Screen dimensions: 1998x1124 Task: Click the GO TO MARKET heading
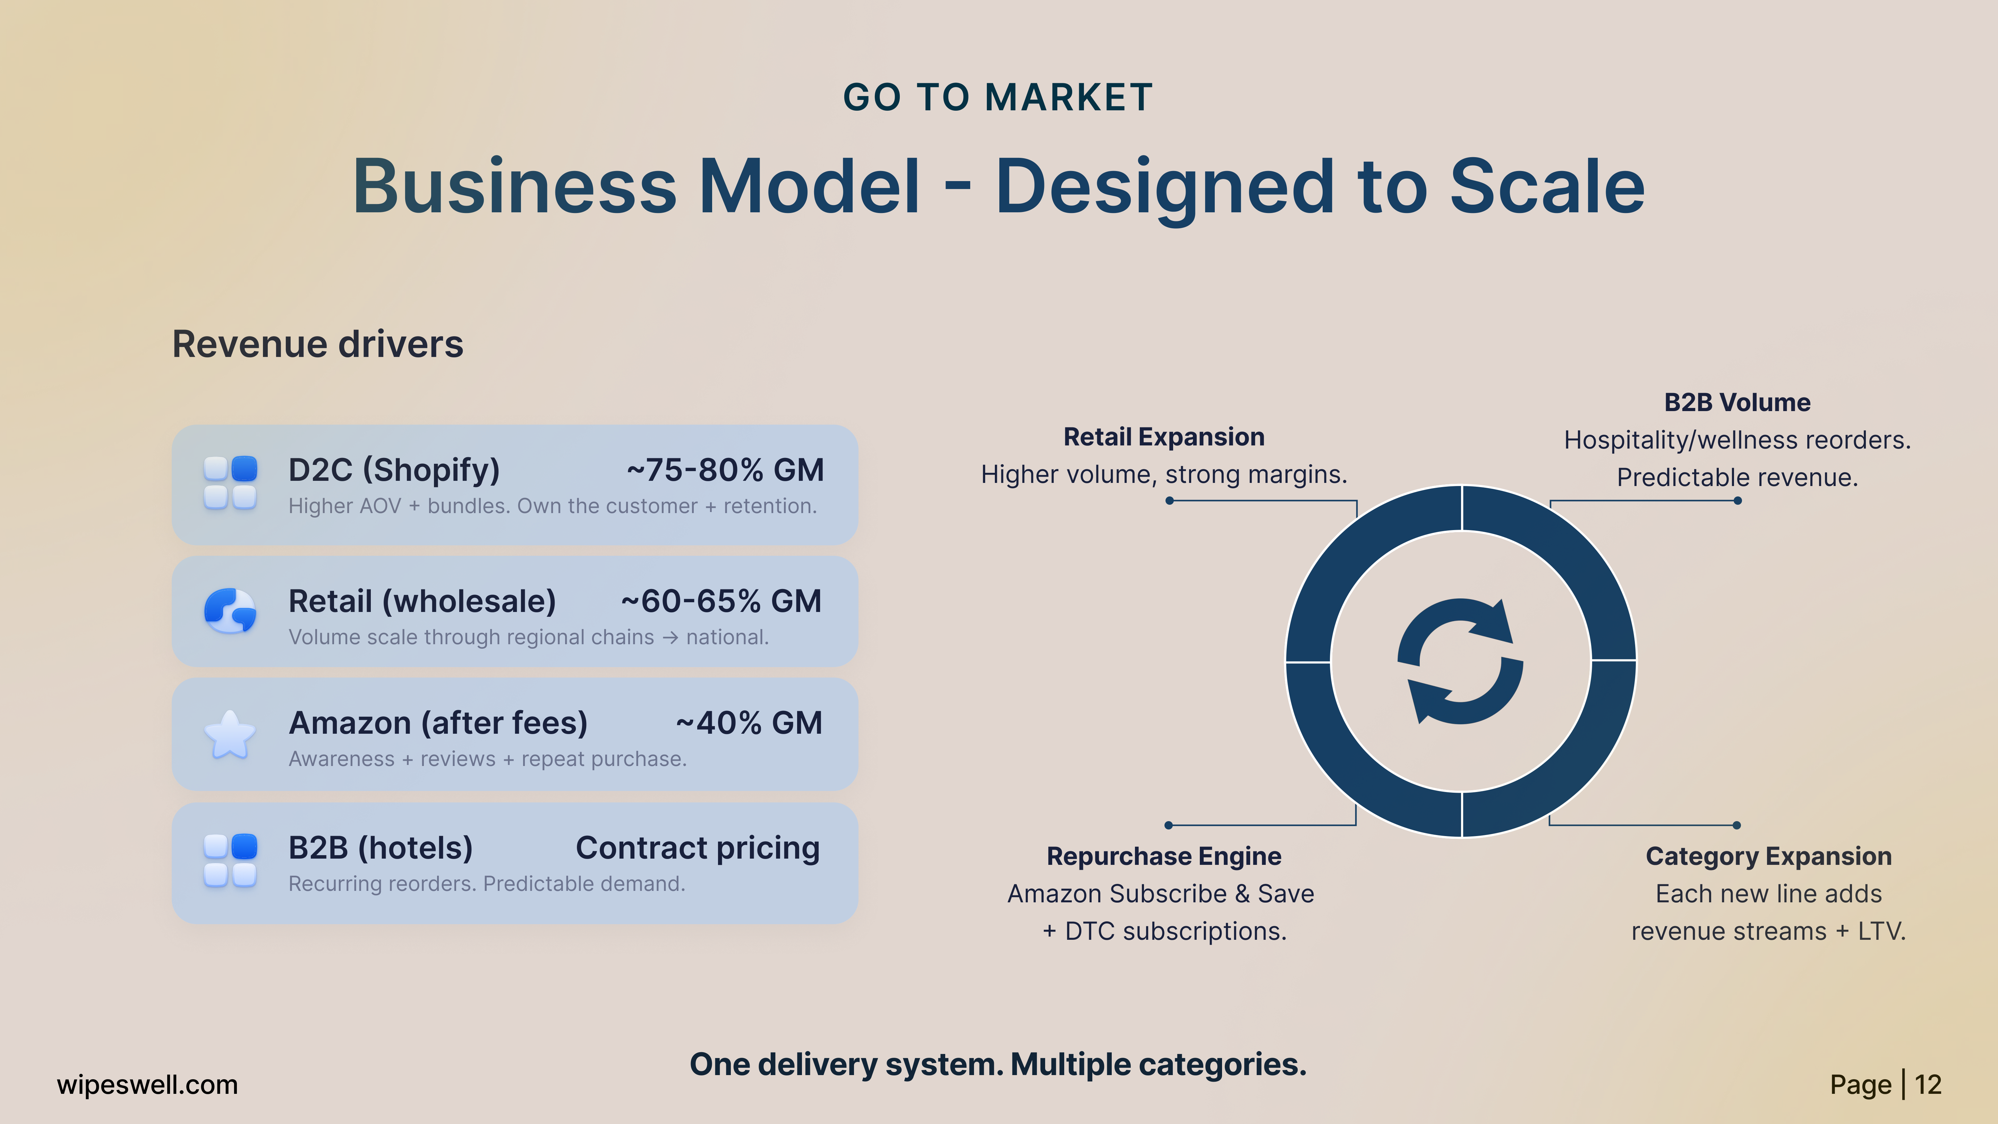click(x=998, y=98)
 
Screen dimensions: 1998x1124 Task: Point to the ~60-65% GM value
click(x=721, y=601)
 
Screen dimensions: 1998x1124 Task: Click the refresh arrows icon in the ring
click(x=1460, y=661)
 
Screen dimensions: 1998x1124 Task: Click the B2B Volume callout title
click(x=1737, y=402)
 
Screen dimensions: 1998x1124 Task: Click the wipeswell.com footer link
click(x=147, y=1084)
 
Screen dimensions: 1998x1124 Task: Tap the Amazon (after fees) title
click(x=438, y=723)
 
